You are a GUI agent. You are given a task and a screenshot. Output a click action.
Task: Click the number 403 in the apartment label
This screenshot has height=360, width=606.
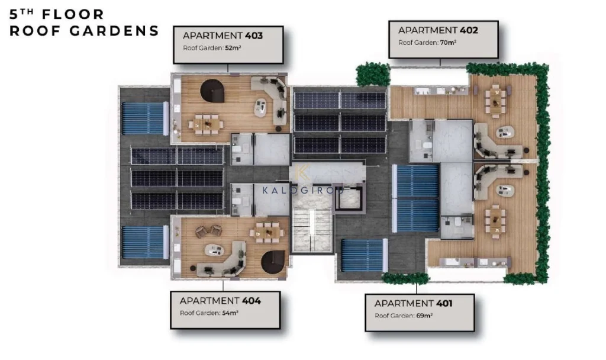[253, 36]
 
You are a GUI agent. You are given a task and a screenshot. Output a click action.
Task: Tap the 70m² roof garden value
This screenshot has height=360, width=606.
[448, 43]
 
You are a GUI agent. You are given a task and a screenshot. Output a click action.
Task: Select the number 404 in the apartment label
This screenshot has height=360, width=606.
[251, 301]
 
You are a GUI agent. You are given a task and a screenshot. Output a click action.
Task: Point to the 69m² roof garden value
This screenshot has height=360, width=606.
[424, 316]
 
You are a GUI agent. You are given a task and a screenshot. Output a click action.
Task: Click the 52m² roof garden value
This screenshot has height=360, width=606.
[233, 48]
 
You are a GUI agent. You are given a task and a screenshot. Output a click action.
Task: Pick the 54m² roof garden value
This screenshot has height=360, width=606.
[230, 313]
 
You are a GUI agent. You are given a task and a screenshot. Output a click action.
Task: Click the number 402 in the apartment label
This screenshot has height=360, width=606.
[469, 30]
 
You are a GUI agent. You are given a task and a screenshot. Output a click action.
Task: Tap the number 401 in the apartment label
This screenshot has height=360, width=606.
[444, 304]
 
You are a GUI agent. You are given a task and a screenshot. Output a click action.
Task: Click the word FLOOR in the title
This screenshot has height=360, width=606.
[73, 14]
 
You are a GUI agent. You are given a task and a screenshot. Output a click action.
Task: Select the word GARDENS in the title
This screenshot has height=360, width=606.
[115, 31]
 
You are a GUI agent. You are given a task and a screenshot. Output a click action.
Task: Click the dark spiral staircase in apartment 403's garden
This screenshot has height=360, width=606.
[212, 91]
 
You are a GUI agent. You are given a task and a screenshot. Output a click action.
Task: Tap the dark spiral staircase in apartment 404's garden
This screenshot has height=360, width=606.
[273, 262]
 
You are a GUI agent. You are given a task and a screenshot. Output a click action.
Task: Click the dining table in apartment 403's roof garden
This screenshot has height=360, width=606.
[205, 124]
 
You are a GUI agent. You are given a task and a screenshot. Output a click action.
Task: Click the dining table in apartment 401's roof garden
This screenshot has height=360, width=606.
[495, 221]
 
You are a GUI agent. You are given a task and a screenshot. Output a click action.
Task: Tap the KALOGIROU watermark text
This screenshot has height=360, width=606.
[303, 190]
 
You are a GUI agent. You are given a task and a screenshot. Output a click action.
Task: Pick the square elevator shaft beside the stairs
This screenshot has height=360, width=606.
[349, 198]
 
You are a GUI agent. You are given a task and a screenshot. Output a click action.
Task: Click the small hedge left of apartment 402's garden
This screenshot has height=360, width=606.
[373, 74]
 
